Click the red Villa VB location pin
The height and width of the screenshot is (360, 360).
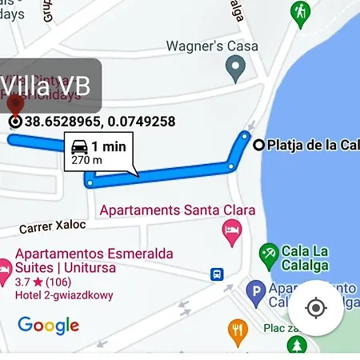(x=14, y=105)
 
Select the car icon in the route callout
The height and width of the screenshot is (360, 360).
(x=79, y=147)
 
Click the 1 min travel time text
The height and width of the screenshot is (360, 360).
(x=108, y=146)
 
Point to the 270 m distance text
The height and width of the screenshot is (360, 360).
(x=86, y=160)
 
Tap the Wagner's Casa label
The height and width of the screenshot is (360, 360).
(x=212, y=46)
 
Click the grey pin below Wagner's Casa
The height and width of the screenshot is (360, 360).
(x=234, y=71)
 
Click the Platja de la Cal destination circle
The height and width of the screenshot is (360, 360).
(x=258, y=145)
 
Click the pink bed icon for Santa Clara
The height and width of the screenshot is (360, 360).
(x=231, y=232)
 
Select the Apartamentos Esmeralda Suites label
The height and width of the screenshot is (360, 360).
(x=94, y=261)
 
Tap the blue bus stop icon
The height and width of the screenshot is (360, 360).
(x=217, y=274)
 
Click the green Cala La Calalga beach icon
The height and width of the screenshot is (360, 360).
(x=269, y=256)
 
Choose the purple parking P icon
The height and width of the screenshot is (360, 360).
(x=255, y=293)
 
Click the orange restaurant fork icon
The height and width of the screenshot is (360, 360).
(x=238, y=330)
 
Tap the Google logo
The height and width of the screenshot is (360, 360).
(x=49, y=325)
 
